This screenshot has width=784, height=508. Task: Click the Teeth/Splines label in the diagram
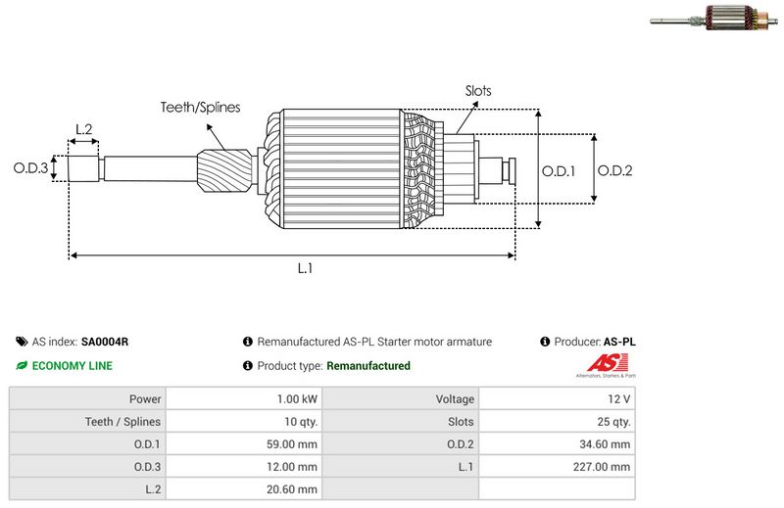coord(200,108)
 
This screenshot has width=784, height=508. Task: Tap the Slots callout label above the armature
coord(478,91)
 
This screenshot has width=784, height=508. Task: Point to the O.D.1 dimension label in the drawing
coord(559,170)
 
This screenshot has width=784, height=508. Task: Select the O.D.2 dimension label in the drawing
coord(615,170)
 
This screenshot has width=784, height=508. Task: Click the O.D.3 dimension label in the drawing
coord(30,168)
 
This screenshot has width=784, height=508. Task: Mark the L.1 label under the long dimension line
coord(305,268)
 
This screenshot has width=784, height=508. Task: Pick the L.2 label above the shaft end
coord(83,129)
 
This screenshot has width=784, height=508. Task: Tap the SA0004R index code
coord(105,342)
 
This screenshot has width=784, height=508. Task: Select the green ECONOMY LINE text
coord(72,366)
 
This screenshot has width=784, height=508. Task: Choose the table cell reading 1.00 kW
coord(297,399)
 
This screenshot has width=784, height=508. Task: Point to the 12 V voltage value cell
coord(618,399)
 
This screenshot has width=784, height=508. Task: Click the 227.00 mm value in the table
coord(604,467)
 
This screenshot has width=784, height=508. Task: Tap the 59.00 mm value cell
coord(291,444)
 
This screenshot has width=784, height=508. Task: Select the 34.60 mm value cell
coord(604,444)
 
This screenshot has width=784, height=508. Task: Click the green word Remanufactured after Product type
coord(367,366)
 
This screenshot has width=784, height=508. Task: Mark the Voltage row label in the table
coord(454,399)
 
